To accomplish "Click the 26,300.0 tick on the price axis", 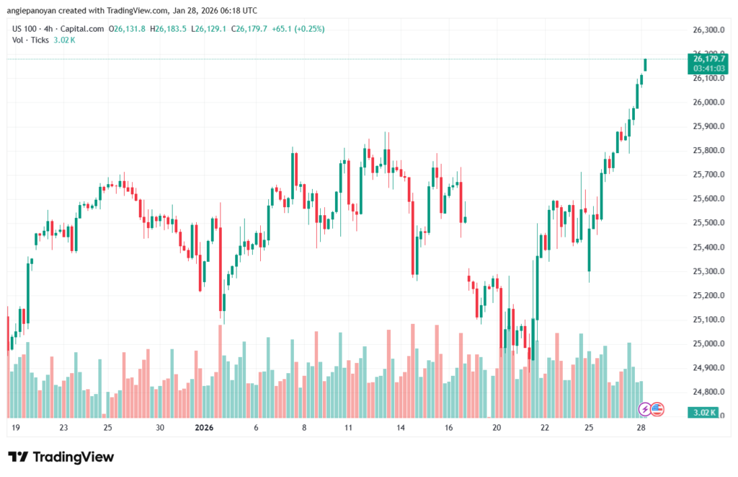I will (708, 30).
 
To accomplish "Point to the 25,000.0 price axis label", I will (708, 343).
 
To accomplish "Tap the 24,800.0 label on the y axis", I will (708, 392).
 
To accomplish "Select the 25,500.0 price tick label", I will (708, 223).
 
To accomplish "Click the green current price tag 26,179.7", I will (708, 58).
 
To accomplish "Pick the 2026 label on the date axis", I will (206, 427).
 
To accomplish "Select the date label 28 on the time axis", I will (641, 427).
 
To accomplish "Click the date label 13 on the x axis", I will (399, 427).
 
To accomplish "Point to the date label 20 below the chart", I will (497, 427).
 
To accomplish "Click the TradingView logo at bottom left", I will (61, 458).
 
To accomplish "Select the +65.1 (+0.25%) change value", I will (298, 29).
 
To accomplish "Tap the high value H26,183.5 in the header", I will (172, 29).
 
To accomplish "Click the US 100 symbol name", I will (26, 29).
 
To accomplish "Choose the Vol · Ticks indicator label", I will (31, 40).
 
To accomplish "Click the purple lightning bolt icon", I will (646, 409).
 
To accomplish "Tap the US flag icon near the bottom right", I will (657, 409).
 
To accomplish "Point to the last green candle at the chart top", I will (645, 65).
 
